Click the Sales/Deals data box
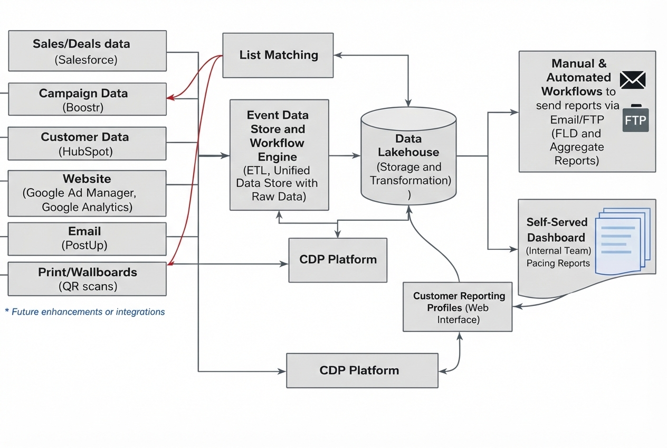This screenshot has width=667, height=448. coord(87,51)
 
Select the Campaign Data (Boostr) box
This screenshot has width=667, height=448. coord(87,99)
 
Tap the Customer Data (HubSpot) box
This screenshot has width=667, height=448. coord(87,143)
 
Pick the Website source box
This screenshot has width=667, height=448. coord(87,193)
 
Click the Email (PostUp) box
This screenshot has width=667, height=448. coord(87,238)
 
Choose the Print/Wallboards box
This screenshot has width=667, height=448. coord(87,279)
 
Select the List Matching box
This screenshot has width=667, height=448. coord(278,55)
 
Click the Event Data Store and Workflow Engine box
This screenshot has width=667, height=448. coord(279,155)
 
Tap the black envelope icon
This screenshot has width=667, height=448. coord(632,80)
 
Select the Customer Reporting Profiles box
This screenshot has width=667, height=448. coord(458,307)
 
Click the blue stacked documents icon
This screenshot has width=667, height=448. coord(623,240)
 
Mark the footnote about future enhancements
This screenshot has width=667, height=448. coord(85,312)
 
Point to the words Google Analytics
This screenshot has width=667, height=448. coord(87,207)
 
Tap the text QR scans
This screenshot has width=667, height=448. coord(88,287)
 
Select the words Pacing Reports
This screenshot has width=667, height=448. coord(558,263)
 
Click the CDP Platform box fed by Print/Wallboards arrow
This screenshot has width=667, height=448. coord(338,259)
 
